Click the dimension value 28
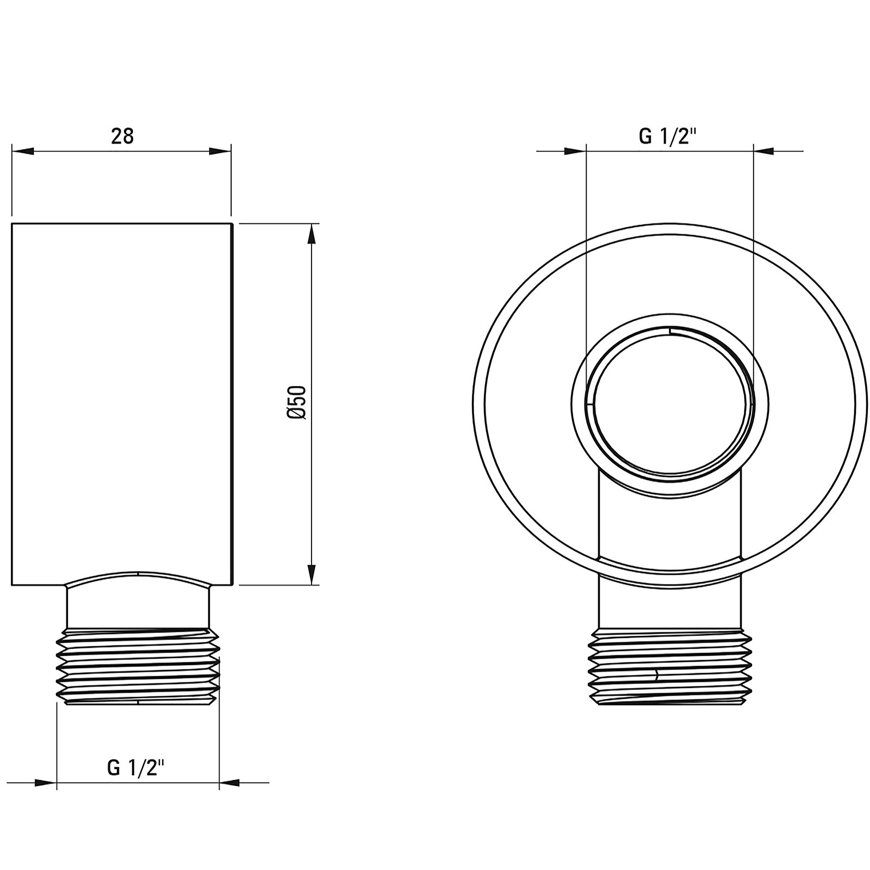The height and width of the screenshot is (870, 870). [122, 136]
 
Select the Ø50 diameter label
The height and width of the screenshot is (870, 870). [298, 402]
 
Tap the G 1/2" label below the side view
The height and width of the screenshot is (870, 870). [136, 768]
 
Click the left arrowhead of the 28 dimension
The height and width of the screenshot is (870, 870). [23, 151]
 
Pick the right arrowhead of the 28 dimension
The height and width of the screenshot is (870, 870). [220, 151]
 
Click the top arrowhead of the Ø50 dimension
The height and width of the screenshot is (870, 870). [312, 234]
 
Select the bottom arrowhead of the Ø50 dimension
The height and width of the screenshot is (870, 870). [312, 575]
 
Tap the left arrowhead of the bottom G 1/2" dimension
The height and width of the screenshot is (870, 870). [46, 783]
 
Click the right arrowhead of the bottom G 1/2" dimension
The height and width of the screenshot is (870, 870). [230, 783]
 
